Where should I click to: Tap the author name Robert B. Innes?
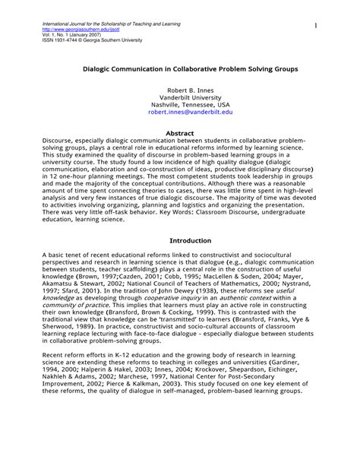click(x=180, y=90)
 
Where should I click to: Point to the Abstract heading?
click(x=180, y=132)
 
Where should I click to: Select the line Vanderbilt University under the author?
click(x=180, y=97)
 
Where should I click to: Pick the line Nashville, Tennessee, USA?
click(x=180, y=103)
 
